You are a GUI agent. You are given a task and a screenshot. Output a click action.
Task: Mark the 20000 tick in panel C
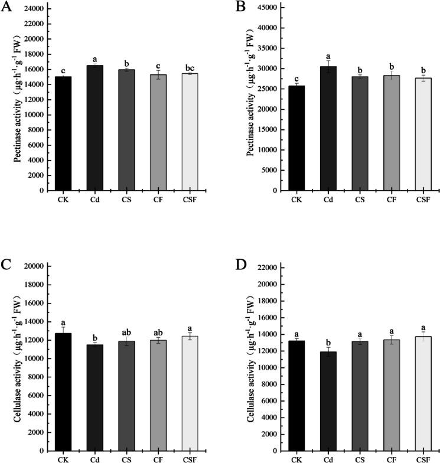(34, 266)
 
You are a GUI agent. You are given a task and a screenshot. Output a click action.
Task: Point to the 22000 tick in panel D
(266, 268)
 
